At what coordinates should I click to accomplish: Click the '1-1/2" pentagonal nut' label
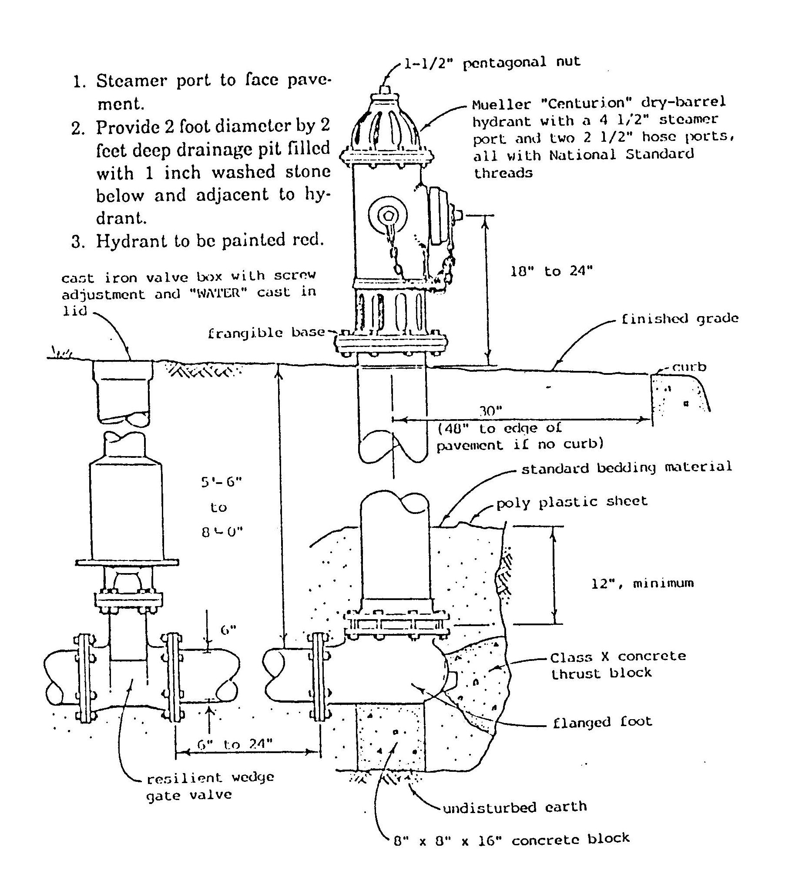coord(492,63)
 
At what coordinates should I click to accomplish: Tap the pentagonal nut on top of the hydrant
coord(386,90)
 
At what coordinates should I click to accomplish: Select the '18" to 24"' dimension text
coord(551,272)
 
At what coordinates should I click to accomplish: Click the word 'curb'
coord(689,367)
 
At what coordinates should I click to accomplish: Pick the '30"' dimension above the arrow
coord(491,411)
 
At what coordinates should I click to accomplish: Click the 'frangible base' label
coord(266,333)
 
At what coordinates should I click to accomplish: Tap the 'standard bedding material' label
coord(627,468)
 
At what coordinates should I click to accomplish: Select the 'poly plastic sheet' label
coord(571,502)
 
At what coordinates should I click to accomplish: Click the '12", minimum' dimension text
coord(642,584)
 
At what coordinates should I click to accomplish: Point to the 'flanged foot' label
coord(602,722)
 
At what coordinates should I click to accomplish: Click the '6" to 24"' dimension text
coord(235,744)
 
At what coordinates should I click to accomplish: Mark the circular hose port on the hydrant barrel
coord(387,214)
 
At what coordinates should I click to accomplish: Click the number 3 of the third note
coord(77,242)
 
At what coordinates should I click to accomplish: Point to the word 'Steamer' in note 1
coord(131,81)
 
